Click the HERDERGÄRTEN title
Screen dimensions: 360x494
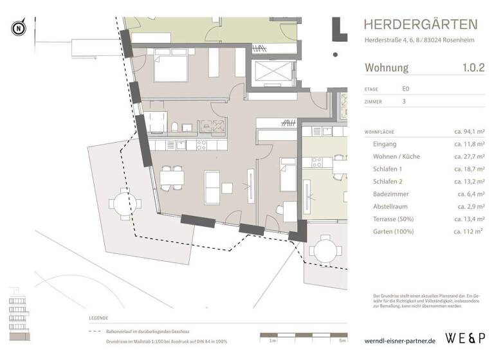pyautogui.click(x=421, y=25)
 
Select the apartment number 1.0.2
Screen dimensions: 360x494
pyautogui.click(x=473, y=67)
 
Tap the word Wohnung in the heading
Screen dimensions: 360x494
pyautogui.click(x=387, y=67)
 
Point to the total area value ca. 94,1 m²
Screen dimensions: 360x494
pyautogui.click(x=469, y=132)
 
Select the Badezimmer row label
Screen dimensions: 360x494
pyautogui.click(x=394, y=194)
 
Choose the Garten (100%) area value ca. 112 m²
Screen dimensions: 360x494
pyautogui.click(x=469, y=231)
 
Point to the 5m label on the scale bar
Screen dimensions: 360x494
pyautogui.click(x=343, y=340)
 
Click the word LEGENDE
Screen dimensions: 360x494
pyautogui.click(x=99, y=318)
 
